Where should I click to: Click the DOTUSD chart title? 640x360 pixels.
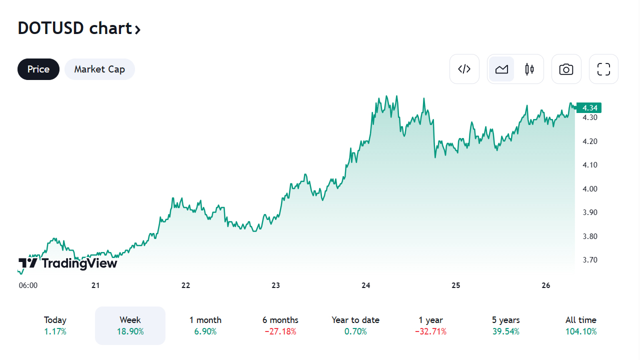coord(79,28)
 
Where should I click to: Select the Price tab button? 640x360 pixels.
coord(38,69)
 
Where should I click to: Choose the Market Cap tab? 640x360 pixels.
coord(99,69)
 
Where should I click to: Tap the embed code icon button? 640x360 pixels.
coord(464,69)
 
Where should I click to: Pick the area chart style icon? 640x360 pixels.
coord(501,69)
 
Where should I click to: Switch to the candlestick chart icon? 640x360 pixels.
coord(529,69)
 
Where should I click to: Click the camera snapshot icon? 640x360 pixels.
coord(566,69)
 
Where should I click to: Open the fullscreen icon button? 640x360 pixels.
coord(603,69)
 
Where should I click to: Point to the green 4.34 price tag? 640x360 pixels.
coord(589,107)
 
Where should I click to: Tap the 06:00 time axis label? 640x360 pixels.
coord(28,285)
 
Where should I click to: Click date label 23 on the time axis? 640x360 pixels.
coord(275,285)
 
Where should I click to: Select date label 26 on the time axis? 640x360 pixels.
coord(545,285)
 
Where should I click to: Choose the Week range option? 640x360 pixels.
coord(130,325)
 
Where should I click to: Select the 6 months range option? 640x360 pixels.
coord(280,325)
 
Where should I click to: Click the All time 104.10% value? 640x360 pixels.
coord(580,331)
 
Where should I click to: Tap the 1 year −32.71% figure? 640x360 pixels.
coord(430,331)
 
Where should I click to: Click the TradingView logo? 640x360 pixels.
coord(68,263)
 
